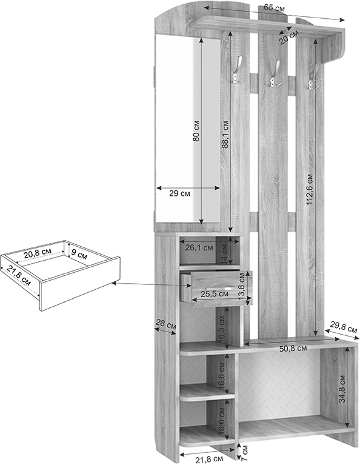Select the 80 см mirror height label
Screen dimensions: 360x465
coord(197,131)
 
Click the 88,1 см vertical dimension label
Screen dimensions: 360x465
coord(225,134)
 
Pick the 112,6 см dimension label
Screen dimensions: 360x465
coord(310,189)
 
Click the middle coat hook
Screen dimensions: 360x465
coord(275,74)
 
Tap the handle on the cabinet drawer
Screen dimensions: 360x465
coord(220,289)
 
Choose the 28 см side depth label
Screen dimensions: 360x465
coord(166,324)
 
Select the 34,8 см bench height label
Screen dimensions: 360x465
coord(342,389)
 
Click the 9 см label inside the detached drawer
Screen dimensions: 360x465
coord(79,253)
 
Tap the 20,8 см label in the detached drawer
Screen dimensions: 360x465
coord(38,253)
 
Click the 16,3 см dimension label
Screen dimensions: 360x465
coord(222,329)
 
